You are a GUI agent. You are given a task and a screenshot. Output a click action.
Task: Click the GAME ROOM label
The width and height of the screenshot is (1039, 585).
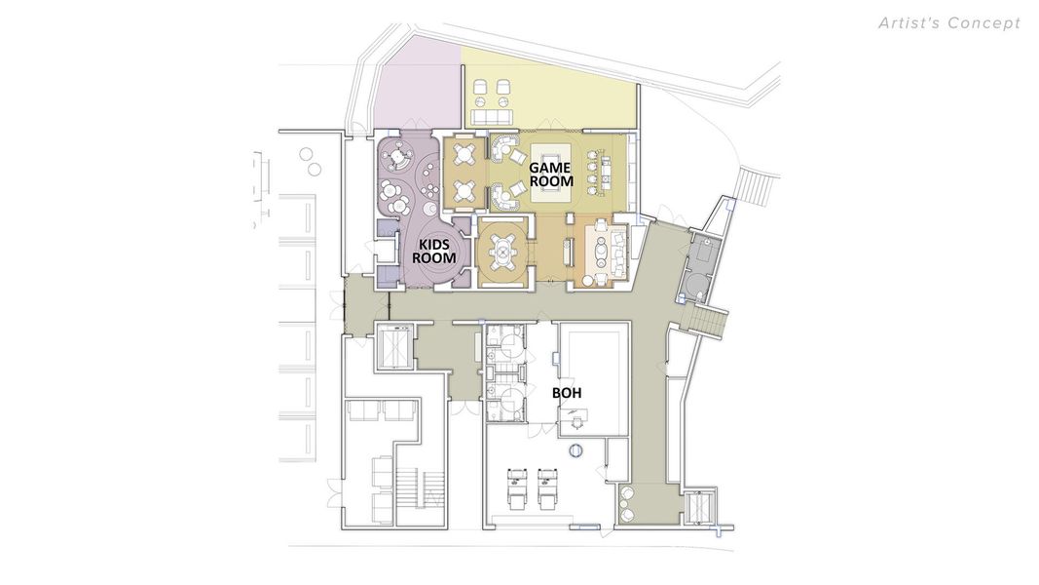point(550,175)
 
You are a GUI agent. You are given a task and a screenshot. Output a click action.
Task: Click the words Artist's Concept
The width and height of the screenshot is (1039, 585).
point(949,22)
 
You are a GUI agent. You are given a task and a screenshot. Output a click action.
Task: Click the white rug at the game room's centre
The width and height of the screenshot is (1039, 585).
point(553,175)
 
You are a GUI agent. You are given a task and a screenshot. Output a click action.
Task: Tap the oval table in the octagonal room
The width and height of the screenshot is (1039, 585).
point(502,253)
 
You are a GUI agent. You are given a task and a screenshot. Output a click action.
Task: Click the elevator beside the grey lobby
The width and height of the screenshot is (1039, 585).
point(394,345)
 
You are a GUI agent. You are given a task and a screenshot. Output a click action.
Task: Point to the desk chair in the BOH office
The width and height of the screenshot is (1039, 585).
point(576,422)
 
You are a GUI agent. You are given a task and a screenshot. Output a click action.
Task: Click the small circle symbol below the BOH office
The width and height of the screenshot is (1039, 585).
point(575,450)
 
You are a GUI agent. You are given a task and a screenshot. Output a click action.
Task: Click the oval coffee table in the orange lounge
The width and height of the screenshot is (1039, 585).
point(602,253)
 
